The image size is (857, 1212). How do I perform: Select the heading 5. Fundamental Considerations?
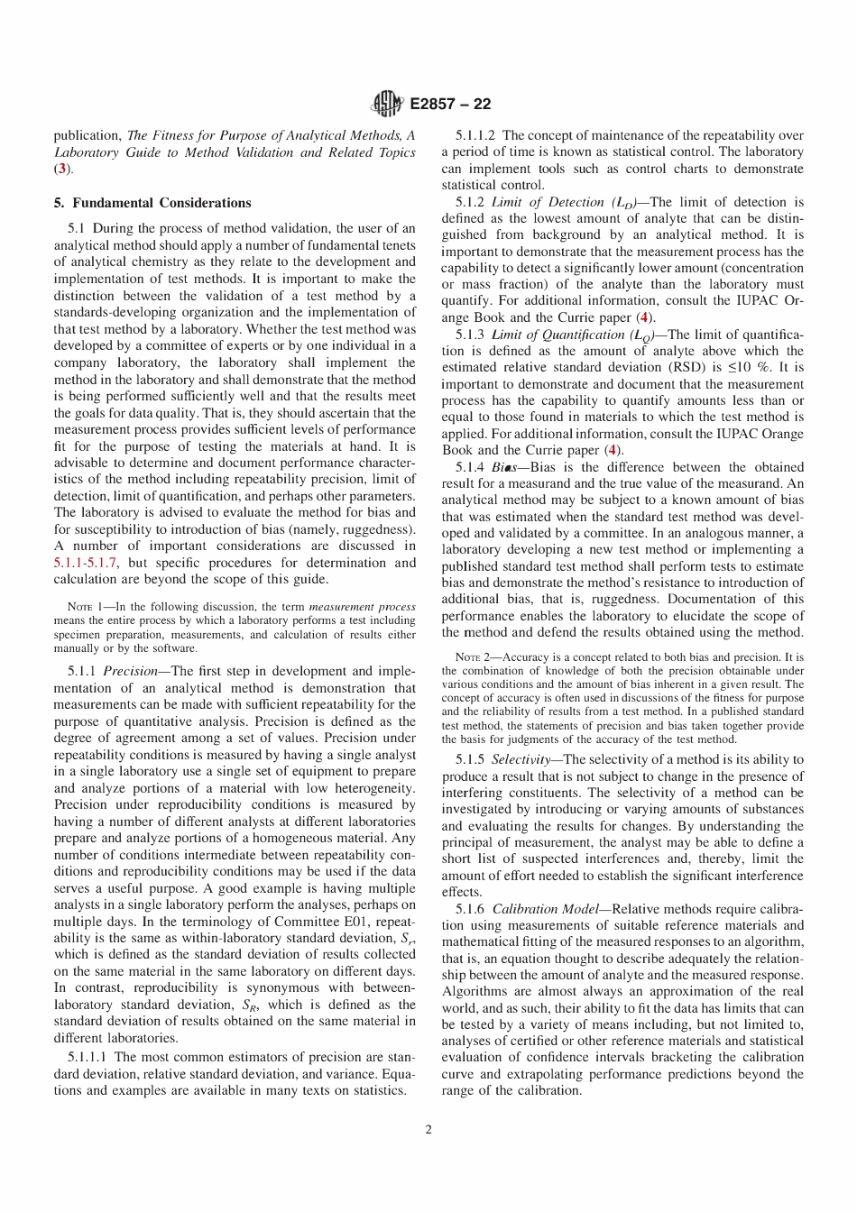click(152, 203)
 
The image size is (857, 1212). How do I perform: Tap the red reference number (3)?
click(60, 169)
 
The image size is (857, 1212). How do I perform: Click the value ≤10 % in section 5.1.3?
click(756, 368)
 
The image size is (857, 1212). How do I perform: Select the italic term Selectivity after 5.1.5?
click(521, 760)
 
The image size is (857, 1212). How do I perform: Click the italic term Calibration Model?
click(539, 909)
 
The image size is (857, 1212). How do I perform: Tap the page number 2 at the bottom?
click(428, 1130)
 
